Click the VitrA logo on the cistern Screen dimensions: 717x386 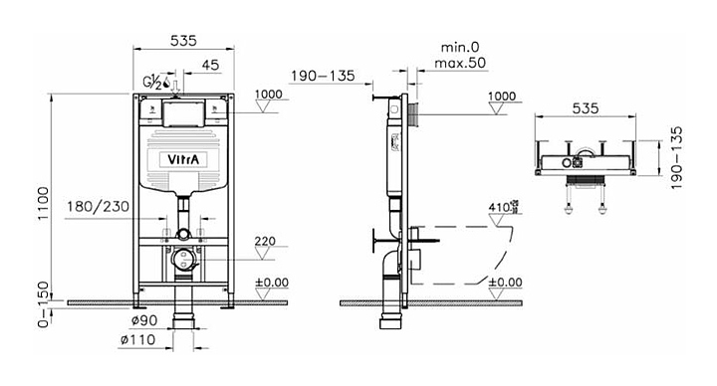coord(183,159)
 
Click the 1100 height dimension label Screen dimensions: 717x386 coord(43,203)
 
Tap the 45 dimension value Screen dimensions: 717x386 coord(210,65)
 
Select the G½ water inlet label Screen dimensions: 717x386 coord(152,83)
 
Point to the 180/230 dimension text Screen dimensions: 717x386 coord(98,207)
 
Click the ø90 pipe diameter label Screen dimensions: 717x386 coord(144,320)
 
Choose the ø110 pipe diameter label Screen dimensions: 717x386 coord(137,339)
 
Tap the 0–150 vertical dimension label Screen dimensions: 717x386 coord(43,303)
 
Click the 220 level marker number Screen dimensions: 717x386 coord(265,241)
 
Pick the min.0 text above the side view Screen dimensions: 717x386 coord(460,47)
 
